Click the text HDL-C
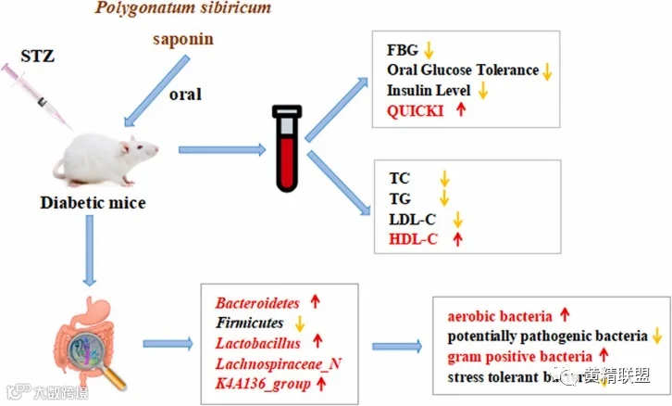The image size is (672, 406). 416,238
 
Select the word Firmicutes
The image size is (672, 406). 249,323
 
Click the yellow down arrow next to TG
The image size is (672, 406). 443,197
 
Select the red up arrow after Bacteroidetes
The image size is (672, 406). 314,302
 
